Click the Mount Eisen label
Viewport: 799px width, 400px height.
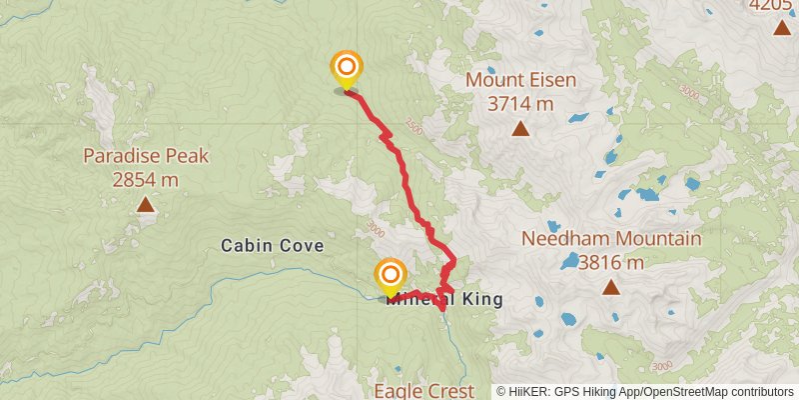[519, 80]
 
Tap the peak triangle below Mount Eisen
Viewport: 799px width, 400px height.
[520, 128]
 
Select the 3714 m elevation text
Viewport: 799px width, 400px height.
[520, 103]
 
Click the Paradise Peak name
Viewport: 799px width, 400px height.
[145, 156]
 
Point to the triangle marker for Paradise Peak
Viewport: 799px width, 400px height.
[146, 205]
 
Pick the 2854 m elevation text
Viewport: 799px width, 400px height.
[146, 180]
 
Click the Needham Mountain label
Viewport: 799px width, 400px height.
[610, 239]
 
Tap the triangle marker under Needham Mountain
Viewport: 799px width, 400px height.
[610, 288]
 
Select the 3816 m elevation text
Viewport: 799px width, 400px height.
[610, 263]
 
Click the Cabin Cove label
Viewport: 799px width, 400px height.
[273, 245]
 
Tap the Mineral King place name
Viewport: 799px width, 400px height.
[444, 299]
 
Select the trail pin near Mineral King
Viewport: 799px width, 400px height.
[390, 275]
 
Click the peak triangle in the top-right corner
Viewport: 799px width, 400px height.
[781, 27]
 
